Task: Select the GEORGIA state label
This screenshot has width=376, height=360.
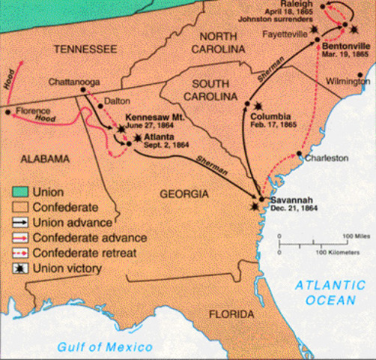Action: pos(184,194)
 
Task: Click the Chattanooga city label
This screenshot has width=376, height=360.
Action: pos(73,80)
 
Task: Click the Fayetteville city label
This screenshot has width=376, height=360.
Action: pos(291,34)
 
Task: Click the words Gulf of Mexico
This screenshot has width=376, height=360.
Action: pos(102,346)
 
